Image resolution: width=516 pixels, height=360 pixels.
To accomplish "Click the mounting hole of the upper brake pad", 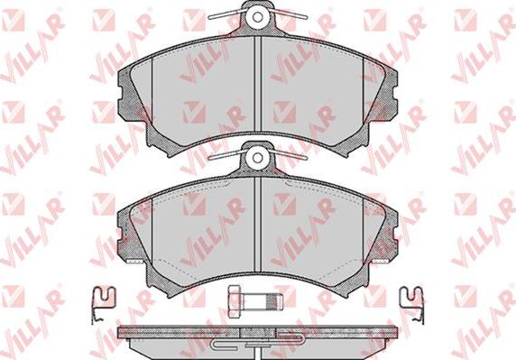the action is (257, 17).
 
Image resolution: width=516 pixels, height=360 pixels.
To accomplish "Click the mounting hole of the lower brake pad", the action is (257, 158).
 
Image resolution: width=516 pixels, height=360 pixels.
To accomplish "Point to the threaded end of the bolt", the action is (276, 301).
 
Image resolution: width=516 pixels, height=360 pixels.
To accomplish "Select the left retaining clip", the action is (104, 304).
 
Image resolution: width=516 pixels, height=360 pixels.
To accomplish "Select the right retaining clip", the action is (411, 304).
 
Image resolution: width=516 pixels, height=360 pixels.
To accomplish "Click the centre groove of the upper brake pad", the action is (258, 84).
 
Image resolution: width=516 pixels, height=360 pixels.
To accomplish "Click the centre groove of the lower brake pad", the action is (258, 225).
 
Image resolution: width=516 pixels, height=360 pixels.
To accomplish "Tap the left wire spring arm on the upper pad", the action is (226, 14).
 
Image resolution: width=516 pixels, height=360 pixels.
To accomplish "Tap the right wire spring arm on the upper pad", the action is (289, 14).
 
